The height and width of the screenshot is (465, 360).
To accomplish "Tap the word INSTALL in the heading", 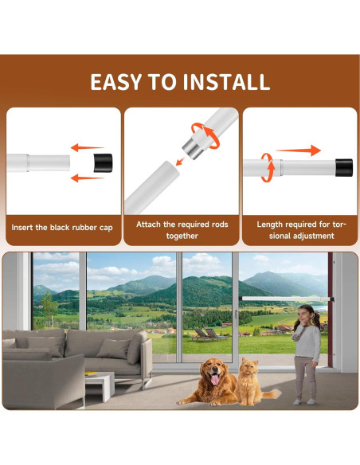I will point(226,82).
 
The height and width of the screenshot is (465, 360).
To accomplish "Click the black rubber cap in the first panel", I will point(103,163).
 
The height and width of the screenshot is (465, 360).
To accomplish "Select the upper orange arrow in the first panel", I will point(87,147).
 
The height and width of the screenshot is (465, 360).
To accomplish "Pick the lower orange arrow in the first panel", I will point(87,178).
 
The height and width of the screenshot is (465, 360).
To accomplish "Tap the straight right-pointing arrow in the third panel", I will point(299,150).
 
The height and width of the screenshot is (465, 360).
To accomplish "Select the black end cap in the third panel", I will point(342,167).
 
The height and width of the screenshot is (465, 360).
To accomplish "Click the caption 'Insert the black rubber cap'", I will point(62,228).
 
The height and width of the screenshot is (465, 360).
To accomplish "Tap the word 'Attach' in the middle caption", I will point(150,225).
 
